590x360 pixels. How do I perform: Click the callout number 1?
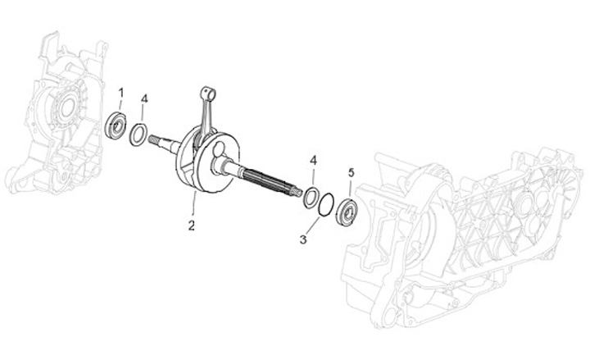tap(120, 91)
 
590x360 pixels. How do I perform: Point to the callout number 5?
tap(351, 173)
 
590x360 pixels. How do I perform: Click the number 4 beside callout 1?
tap(144, 99)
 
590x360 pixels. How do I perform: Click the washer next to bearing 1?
tap(140, 131)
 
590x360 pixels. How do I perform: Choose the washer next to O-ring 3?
tap(311, 197)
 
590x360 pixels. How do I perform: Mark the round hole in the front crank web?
tap(220, 165)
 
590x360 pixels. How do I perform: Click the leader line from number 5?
tap(350, 187)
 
